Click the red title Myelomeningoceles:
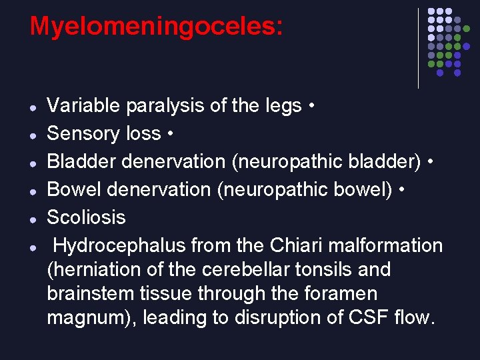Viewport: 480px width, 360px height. click(x=156, y=27)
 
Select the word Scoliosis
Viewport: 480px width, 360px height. click(x=86, y=217)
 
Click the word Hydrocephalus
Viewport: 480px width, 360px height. click(x=119, y=245)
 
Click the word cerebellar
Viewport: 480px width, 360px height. click(x=247, y=270)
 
